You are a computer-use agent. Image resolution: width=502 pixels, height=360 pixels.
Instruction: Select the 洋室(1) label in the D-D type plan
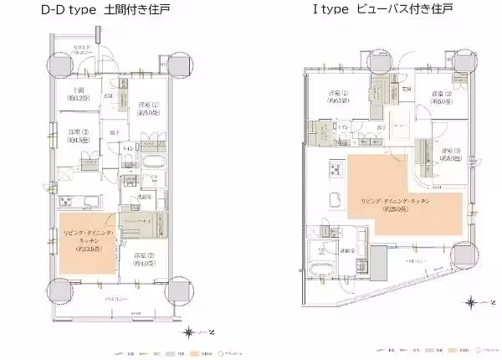coord(145,108)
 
